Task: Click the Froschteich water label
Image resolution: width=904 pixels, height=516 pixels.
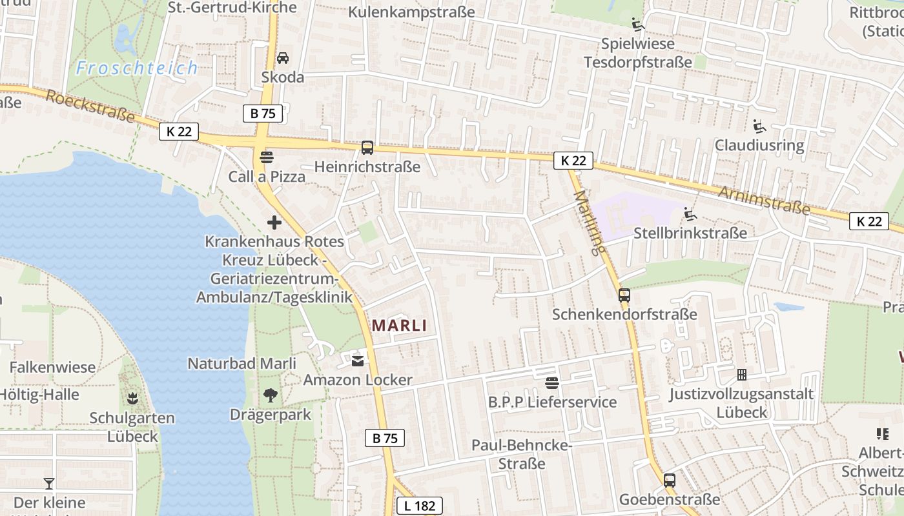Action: (x=137, y=68)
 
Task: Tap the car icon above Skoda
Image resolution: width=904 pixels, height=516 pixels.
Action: (x=283, y=58)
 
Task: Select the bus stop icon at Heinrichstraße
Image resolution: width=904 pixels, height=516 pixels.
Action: (x=367, y=148)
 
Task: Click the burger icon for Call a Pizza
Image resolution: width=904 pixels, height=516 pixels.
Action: (x=266, y=157)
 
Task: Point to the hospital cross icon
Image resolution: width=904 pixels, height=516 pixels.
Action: (x=274, y=223)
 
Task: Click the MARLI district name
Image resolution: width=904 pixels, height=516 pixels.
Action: (x=400, y=325)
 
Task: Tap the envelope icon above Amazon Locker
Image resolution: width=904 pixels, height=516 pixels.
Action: (x=358, y=361)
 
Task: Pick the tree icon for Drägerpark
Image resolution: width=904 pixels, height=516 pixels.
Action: (x=271, y=395)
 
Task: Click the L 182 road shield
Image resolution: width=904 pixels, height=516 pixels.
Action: (x=420, y=506)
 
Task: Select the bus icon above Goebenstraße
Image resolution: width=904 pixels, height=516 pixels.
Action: (x=670, y=481)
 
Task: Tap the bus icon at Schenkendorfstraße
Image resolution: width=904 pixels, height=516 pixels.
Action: (x=624, y=295)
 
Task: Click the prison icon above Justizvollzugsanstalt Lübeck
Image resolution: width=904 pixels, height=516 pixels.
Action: (x=742, y=375)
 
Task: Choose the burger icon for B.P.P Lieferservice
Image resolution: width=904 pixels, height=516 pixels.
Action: (x=551, y=383)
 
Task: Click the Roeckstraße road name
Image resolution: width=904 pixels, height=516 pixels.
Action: (x=90, y=106)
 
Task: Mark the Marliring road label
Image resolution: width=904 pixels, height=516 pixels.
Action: (x=589, y=223)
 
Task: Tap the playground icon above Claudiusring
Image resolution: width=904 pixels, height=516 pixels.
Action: (x=759, y=126)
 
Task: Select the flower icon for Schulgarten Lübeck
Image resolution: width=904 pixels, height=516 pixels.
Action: (x=132, y=398)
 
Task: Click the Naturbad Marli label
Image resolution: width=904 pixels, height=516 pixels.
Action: (x=242, y=364)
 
